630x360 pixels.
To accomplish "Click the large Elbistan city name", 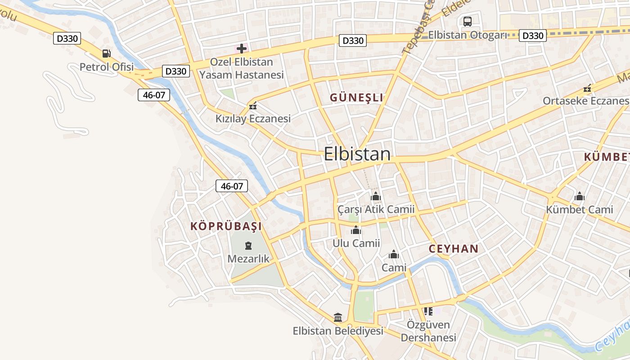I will tap(357, 154).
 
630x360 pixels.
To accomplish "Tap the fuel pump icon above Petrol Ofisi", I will tap(106, 54).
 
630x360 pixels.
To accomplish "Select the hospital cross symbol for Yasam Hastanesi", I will tap(242, 48).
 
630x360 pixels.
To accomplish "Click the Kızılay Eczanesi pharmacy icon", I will tap(252, 106).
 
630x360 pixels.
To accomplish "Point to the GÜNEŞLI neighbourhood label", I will tap(356, 97).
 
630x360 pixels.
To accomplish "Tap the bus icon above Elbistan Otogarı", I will tap(468, 21).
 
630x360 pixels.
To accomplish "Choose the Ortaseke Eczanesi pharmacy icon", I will tap(587, 89).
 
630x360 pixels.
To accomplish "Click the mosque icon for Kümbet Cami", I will tap(580, 196).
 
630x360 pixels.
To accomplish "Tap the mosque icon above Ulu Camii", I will tap(356, 230).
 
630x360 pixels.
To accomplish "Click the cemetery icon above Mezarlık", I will tap(248, 246).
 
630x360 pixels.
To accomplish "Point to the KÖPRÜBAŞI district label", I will tap(226, 226).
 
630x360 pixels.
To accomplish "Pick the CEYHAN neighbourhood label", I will tap(454, 249).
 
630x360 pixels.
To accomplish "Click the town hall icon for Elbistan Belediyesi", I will tap(338, 318).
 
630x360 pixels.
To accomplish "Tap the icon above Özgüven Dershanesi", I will tap(428, 311).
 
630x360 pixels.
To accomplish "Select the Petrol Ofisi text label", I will tap(107, 67).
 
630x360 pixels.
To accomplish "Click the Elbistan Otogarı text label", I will tap(468, 35).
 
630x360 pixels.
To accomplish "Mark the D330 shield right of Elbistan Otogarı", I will tap(533, 36).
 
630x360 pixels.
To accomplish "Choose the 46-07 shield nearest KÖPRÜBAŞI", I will tap(232, 186).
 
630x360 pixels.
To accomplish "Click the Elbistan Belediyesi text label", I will tap(338, 331).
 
